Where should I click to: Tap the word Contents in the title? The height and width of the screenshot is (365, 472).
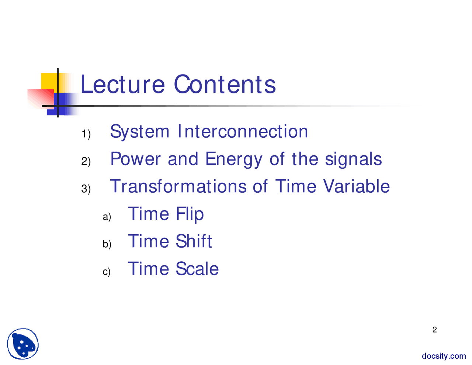(225, 84)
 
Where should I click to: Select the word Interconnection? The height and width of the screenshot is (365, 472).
(243, 131)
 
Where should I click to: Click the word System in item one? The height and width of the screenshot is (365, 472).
(140, 132)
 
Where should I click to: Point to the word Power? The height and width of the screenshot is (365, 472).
(135, 159)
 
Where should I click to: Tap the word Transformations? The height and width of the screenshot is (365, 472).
(178, 186)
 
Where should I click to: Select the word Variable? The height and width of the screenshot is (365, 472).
(357, 186)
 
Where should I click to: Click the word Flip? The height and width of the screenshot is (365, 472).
(190, 214)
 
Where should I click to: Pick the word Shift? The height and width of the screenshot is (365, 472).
(194, 241)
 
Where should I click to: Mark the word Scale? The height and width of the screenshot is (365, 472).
(197, 269)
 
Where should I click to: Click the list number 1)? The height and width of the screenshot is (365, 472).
(86, 134)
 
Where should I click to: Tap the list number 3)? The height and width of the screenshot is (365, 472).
(86, 189)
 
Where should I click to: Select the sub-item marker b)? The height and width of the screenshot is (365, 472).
(107, 244)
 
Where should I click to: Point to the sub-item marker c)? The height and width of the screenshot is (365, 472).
(107, 272)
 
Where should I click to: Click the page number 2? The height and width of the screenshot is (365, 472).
(434, 330)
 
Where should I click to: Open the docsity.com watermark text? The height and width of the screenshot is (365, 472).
(444, 356)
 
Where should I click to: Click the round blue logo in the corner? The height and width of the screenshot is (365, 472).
(23, 344)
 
